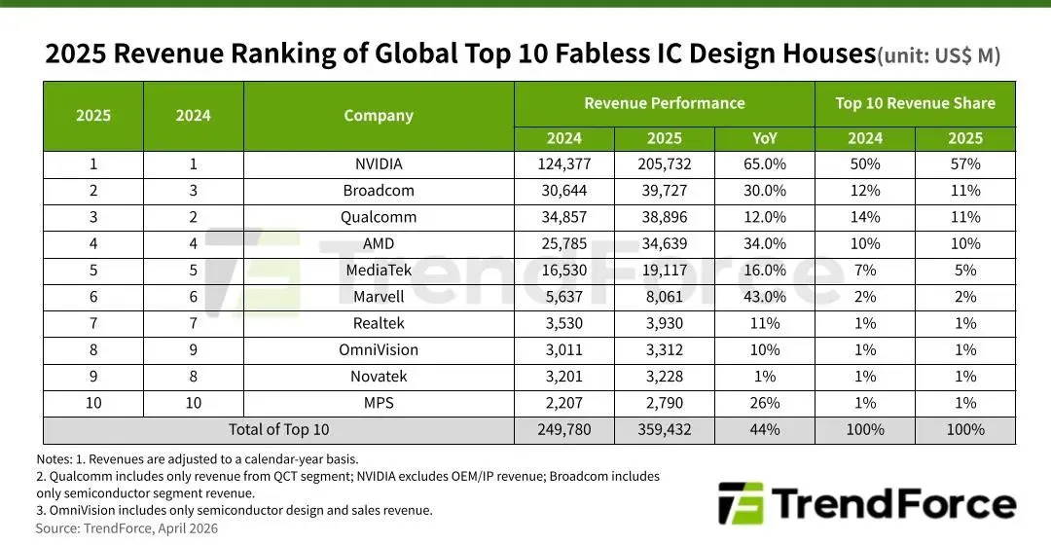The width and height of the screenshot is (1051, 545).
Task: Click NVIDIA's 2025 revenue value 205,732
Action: pos(665,164)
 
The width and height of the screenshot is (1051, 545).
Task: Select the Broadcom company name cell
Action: pos(379,191)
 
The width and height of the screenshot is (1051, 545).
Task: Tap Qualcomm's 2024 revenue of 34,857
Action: pos(564,217)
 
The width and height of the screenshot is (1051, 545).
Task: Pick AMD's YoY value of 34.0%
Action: pos(765,243)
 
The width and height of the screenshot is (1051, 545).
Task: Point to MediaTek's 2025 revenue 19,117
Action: pos(665,270)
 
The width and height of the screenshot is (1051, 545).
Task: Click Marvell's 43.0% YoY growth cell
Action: pos(765,297)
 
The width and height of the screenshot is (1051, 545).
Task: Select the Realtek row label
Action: pos(379,323)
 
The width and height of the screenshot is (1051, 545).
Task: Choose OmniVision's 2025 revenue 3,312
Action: pos(665,349)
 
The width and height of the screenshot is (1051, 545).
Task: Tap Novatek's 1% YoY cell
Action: pos(765,376)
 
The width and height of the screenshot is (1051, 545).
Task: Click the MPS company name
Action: pos(379,402)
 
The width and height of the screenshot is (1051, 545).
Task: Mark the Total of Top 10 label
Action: pos(278,429)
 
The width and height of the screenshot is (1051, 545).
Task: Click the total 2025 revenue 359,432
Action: pos(665,429)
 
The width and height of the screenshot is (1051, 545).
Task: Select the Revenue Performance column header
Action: pos(665,103)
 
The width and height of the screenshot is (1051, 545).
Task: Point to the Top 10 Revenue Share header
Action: pos(915,103)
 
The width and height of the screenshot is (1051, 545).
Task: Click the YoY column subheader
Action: pos(765,138)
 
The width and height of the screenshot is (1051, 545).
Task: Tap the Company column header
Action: pos(379,116)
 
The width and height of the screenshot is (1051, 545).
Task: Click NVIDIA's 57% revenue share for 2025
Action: pos(965,164)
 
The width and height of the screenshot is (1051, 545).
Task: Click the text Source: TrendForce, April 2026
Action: pos(127,528)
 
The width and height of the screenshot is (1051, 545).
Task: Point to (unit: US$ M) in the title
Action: pos(939,56)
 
